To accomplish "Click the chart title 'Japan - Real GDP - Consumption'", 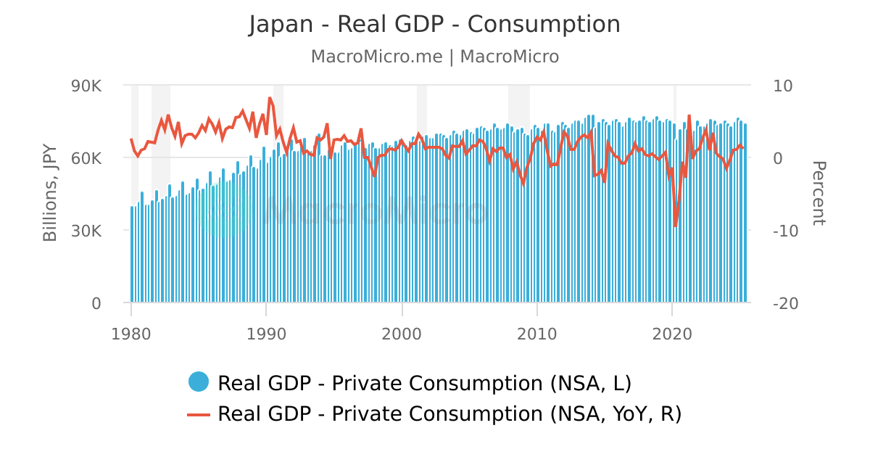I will click(434, 24).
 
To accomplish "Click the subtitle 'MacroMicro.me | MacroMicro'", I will click(434, 57).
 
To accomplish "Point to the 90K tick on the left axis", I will click(86, 86).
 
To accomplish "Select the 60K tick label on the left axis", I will click(86, 158).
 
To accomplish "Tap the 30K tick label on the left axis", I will click(86, 231).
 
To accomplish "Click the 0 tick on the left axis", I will click(96, 303).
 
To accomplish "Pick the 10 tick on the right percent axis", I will click(783, 86).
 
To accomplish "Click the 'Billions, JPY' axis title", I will click(50, 194).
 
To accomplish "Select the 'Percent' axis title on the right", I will click(818, 194).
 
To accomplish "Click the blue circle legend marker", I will click(198, 382).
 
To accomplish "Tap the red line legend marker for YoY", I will click(198, 414).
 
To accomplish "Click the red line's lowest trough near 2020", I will click(676, 226).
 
